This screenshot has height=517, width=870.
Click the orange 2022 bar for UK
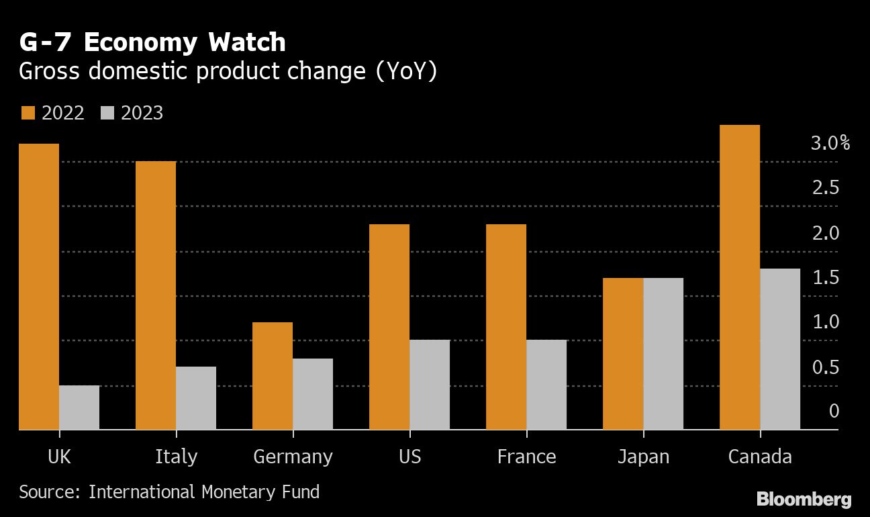tap(39, 287)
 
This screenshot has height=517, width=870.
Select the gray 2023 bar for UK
tap(79, 408)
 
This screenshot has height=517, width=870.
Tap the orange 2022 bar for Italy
tap(156, 295)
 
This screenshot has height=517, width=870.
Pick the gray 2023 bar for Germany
tap(313, 394)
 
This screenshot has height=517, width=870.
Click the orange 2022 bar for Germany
tap(273, 376)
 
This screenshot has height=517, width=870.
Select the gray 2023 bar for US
tap(430, 385)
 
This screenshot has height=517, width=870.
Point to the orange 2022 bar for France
tap(506, 327)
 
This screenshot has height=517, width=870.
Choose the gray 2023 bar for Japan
tap(663, 354)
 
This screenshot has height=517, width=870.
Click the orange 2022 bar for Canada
tap(740, 277)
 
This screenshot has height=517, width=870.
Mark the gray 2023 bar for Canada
tap(780, 349)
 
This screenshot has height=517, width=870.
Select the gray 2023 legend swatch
tap(107, 113)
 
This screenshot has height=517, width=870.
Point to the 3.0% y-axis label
tap(830, 143)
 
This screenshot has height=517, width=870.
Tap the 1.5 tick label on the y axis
tap(826, 277)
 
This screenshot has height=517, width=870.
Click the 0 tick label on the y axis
tap(834, 410)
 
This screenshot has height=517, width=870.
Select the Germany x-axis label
tap(293, 457)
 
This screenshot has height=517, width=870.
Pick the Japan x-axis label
tap(643, 457)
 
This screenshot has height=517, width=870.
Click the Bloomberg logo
tap(804, 500)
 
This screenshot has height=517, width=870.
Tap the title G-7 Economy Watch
tap(152, 42)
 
